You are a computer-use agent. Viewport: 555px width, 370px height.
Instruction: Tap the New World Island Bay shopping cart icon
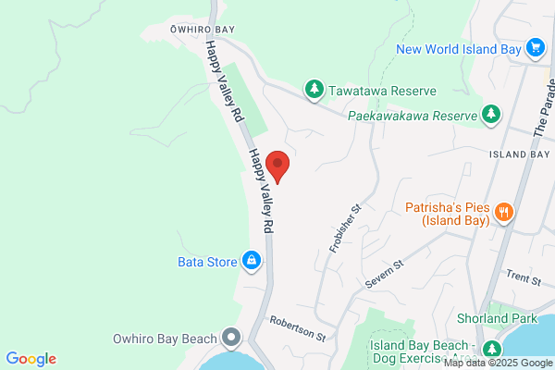tap(535, 47)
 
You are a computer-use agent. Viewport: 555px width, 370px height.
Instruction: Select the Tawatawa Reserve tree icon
tap(314, 90)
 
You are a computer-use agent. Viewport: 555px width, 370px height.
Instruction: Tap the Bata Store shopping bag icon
tap(251, 261)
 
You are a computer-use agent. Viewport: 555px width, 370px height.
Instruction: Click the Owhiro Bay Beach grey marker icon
tap(230, 337)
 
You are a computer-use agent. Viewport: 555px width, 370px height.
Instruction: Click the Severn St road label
tap(386, 277)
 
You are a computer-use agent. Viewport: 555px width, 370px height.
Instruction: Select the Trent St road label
tap(522, 276)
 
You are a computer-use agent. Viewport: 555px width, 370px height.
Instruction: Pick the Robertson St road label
tap(298, 328)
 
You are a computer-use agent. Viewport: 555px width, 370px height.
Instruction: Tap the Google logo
tap(31, 359)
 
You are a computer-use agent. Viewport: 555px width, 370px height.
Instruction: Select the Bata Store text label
tap(208, 262)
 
